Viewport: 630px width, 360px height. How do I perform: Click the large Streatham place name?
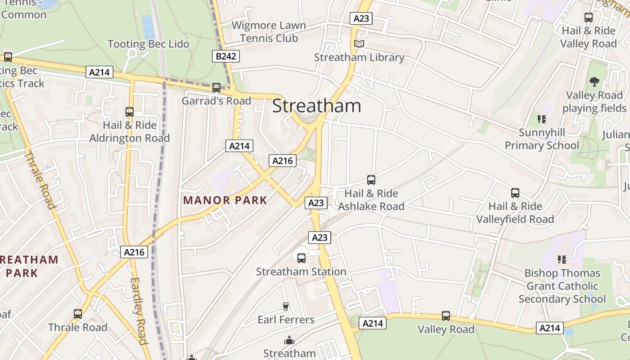(316, 106)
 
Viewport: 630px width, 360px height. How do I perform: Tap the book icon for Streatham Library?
(359, 44)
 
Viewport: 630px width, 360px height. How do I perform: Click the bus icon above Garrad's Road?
(216, 87)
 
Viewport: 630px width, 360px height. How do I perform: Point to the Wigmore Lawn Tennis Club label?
(269, 32)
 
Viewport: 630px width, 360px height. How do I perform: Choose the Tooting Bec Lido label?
(148, 44)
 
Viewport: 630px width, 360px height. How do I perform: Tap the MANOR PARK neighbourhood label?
(225, 200)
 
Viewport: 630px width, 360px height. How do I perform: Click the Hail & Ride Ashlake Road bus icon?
(371, 180)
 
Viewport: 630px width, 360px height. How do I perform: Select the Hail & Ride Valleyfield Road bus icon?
(515, 193)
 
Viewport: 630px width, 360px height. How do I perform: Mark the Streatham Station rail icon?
(301, 258)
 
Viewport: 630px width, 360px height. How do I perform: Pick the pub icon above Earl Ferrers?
(285, 306)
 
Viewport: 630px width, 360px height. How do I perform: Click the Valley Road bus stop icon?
(446, 316)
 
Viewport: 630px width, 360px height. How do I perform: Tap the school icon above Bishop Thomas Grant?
(562, 260)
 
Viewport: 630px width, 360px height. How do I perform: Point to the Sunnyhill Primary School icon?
(542, 119)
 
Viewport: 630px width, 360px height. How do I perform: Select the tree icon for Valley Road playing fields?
(594, 82)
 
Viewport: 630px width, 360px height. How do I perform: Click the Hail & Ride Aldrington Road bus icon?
(130, 112)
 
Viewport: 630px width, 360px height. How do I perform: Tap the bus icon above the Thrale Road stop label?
(78, 314)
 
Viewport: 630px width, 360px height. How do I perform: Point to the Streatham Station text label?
(301, 272)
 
